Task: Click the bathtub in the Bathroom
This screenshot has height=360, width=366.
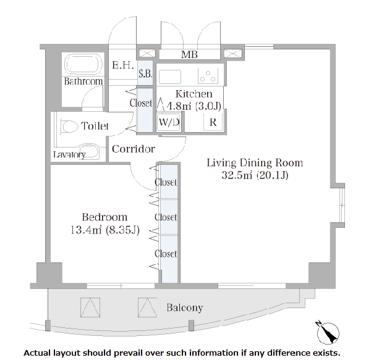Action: pyautogui.click(x=83, y=64)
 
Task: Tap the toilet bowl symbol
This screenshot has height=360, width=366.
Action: pyautogui.click(x=69, y=127)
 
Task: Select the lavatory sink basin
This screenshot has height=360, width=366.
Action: pyautogui.click(x=89, y=151)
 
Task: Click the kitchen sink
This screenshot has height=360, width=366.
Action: pyautogui.click(x=170, y=77)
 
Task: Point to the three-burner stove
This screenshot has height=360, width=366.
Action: pyautogui.click(x=208, y=76)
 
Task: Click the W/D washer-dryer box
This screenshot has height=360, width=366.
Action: pyautogui.click(x=169, y=122)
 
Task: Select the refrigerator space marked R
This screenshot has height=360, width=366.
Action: pyautogui.click(x=213, y=122)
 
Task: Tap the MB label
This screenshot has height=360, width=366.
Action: pyautogui.click(x=189, y=54)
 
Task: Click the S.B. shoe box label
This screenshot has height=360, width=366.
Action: pyautogui.click(x=145, y=73)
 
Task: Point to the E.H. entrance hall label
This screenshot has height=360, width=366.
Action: pyautogui.click(x=122, y=65)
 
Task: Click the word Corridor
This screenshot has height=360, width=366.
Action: pyautogui.click(x=134, y=149)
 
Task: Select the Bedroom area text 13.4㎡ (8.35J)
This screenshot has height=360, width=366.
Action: pyautogui.click(x=105, y=230)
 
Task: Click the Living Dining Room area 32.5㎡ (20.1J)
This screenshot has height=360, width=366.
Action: pyautogui.click(x=255, y=175)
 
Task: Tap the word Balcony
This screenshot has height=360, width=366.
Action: pyautogui.click(x=185, y=308)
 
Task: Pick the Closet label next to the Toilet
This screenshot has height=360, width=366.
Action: pyautogui.click(x=141, y=103)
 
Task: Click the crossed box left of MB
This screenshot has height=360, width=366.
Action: pyautogui.click(x=147, y=53)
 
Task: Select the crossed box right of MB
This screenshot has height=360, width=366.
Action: pyautogui.click(x=232, y=53)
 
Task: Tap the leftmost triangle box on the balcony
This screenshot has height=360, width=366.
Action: pyautogui.click(x=90, y=308)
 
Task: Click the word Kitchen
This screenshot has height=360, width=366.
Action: pyautogui.click(x=194, y=94)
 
